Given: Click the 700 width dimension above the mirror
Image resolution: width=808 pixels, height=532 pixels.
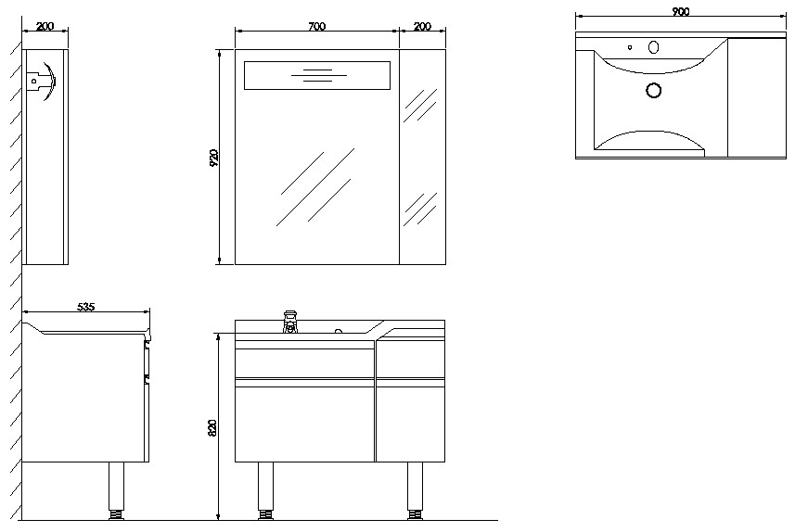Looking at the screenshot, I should coord(315,26).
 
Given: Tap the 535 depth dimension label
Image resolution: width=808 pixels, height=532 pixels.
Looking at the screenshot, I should coord(86,306).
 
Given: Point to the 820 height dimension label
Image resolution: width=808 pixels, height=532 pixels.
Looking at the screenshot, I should coord(212,427).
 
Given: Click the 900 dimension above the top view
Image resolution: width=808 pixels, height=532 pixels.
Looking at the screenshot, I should coord(680,11).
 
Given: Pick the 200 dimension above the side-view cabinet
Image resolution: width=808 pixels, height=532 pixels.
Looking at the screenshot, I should coord(45,26).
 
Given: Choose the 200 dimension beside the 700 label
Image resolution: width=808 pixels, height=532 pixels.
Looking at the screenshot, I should coord(422,26).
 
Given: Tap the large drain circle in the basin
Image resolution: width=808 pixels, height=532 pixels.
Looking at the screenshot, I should coord(653,90).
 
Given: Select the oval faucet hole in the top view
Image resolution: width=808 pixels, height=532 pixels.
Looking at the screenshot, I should coord(653,47).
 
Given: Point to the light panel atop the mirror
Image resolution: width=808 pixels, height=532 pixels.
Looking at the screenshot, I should coord(316,76).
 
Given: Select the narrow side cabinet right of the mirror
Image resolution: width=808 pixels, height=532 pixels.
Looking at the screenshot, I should coord(422,158).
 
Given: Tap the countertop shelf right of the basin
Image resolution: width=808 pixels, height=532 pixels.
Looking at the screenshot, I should coord(757,97).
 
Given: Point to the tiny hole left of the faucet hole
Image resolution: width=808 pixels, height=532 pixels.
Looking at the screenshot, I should coord(630,46).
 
